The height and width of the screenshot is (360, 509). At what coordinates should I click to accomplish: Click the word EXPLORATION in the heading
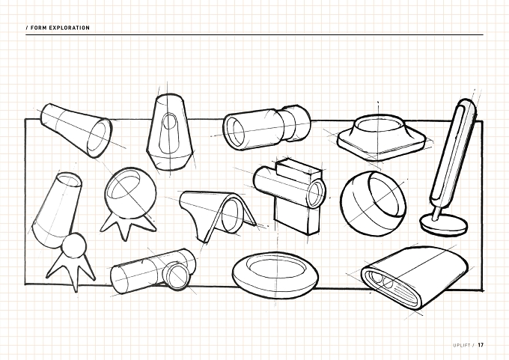pyautogui.click(x=69, y=28)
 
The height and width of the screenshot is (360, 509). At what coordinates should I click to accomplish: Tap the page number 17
pyautogui.click(x=481, y=345)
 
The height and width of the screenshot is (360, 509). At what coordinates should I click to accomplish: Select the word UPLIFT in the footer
pyautogui.click(x=462, y=345)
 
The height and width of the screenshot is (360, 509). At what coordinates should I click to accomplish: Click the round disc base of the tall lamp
pyautogui.click(x=443, y=225)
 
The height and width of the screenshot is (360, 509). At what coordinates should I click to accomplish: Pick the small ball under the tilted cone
pyautogui.click(x=74, y=245)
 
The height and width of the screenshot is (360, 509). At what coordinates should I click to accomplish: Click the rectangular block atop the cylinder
pyautogui.click(x=298, y=170)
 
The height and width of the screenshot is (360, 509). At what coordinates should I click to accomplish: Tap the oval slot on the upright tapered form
pyautogui.click(x=169, y=122)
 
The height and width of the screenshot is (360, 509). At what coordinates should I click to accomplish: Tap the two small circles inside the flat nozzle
pyautogui.click(x=382, y=281)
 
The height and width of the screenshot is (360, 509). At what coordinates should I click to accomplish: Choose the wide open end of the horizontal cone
pyautogui.click(x=98, y=138)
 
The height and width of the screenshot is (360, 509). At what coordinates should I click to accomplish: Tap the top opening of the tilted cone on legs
pyautogui.click(x=70, y=180)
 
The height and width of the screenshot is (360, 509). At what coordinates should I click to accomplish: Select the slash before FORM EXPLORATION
pyautogui.click(x=27, y=28)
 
